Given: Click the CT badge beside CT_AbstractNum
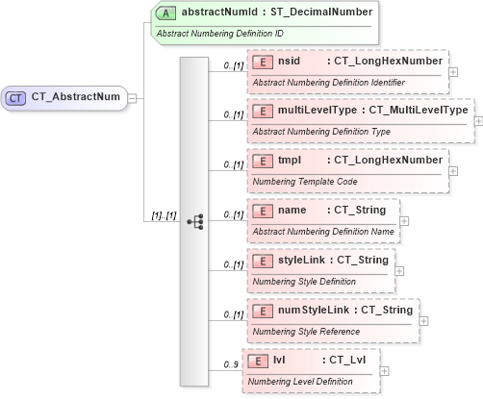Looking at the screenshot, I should (x=17, y=97).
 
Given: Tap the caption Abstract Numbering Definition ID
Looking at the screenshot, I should (x=219, y=34).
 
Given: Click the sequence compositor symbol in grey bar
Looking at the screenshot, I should (x=194, y=220).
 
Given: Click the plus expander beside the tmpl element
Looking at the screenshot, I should (x=453, y=171).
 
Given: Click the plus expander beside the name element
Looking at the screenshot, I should (x=403, y=221).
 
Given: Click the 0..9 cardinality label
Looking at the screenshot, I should (x=230, y=364).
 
